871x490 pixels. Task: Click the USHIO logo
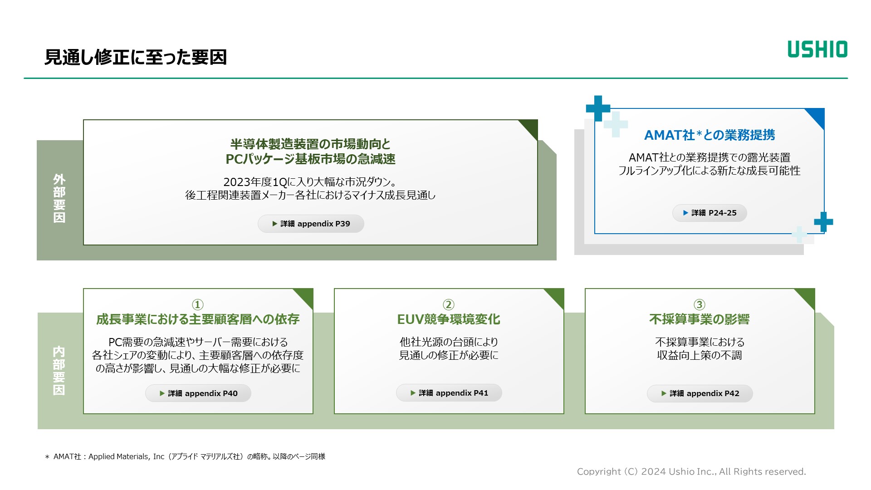(x=817, y=49)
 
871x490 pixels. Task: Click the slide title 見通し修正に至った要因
(x=136, y=57)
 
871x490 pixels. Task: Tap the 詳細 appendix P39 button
(x=311, y=224)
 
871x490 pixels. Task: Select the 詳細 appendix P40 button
(x=198, y=393)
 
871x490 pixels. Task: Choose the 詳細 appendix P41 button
(x=449, y=393)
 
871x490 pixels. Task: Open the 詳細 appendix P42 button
(x=700, y=393)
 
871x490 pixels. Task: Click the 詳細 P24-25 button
(x=710, y=213)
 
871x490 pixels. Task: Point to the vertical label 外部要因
(x=59, y=198)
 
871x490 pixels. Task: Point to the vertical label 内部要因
(x=59, y=371)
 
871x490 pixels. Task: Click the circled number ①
(x=198, y=304)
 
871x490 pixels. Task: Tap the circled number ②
(x=449, y=304)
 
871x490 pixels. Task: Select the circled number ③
(x=700, y=304)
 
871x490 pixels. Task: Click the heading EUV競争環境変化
(x=449, y=319)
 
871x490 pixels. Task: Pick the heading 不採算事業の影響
(x=700, y=319)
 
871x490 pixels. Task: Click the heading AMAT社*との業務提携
(x=710, y=135)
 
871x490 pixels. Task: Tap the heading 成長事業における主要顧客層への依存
(x=198, y=319)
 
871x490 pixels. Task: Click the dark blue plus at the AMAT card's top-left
(x=598, y=108)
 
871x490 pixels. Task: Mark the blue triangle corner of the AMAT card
(x=817, y=116)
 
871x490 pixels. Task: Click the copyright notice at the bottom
(x=691, y=472)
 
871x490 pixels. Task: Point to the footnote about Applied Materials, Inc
(x=185, y=456)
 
